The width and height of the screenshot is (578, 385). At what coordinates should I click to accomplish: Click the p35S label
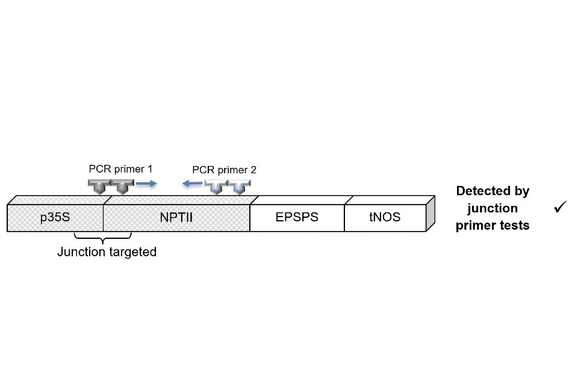coord(55,218)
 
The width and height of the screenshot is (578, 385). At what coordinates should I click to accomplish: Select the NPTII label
coord(176,218)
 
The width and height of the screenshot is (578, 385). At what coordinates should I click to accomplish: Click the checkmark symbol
coord(561,208)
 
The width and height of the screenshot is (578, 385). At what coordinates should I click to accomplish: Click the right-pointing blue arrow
coord(146,183)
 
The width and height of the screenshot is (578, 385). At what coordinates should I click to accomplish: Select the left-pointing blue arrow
coord(193,183)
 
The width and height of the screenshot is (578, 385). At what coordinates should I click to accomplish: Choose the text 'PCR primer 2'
coord(224,170)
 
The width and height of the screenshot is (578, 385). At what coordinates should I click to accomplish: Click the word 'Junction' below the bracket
coord(81,252)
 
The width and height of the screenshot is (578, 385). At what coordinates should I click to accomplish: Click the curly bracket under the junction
coord(103,239)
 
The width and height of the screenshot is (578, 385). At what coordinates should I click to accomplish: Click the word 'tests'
coord(514,226)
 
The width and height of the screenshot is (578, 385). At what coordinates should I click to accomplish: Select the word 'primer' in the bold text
coord(475,226)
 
